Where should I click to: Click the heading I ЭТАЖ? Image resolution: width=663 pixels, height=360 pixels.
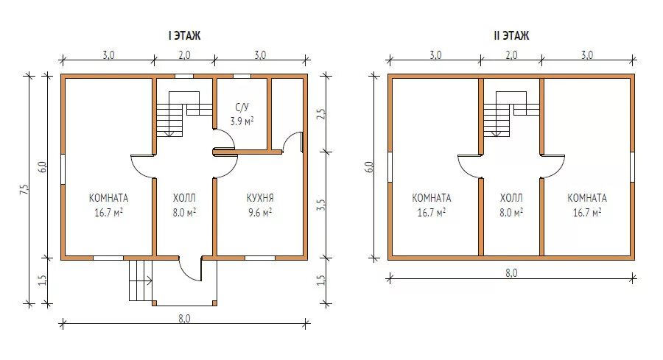pyautogui.click(x=184, y=35)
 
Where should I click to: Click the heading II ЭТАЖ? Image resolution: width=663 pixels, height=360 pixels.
pyautogui.click(x=512, y=35)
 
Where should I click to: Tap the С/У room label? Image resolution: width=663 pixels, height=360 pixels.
pyautogui.click(x=242, y=107)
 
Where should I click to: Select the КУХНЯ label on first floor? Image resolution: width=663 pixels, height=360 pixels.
pyautogui.click(x=260, y=197)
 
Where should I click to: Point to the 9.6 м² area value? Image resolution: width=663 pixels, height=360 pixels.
pyautogui.click(x=260, y=212)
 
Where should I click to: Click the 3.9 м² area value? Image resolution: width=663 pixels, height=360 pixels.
pyautogui.click(x=242, y=121)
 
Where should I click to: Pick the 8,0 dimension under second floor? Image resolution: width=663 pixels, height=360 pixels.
pyautogui.click(x=511, y=273)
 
